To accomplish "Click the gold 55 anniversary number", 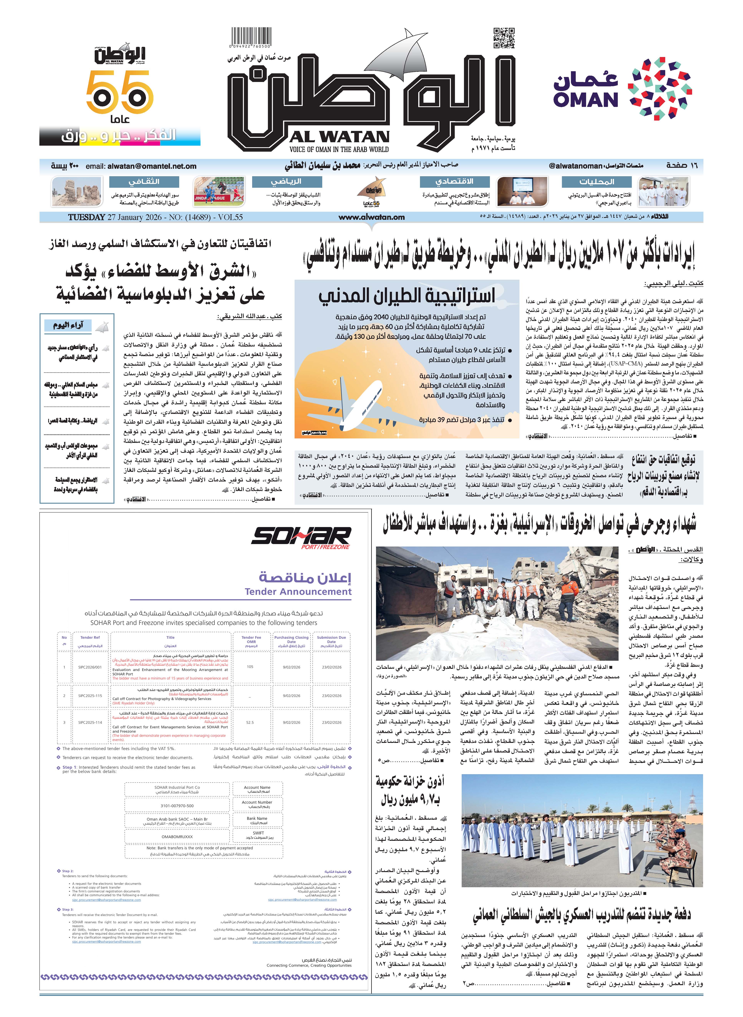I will click(x=119, y=93).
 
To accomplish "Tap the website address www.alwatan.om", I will click(x=371, y=217).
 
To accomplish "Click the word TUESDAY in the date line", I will click(x=86, y=217).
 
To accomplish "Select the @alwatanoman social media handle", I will click(x=575, y=166).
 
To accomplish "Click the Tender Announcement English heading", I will click(x=298, y=592).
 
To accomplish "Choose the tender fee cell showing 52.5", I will click(x=250, y=723).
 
